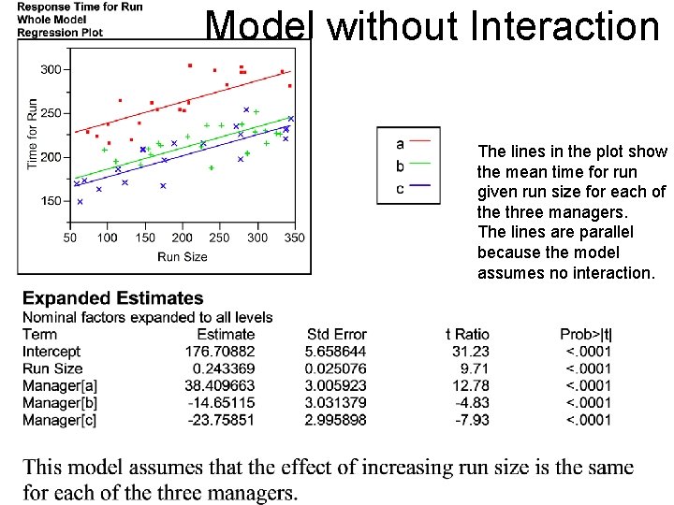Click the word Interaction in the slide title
tap(565, 26)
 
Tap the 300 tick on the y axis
tap(51, 69)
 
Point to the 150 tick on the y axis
tap(51, 201)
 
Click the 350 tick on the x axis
tap(294, 238)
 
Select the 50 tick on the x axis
tap(70, 238)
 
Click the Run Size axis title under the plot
tap(183, 256)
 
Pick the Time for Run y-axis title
tap(33, 134)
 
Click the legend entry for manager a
tap(401, 143)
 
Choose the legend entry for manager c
tap(401, 188)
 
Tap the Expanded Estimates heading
tap(112, 298)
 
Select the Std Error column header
tap(336, 334)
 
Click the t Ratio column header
tap(467, 334)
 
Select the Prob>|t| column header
tap(585, 334)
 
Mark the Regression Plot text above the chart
tap(60, 32)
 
